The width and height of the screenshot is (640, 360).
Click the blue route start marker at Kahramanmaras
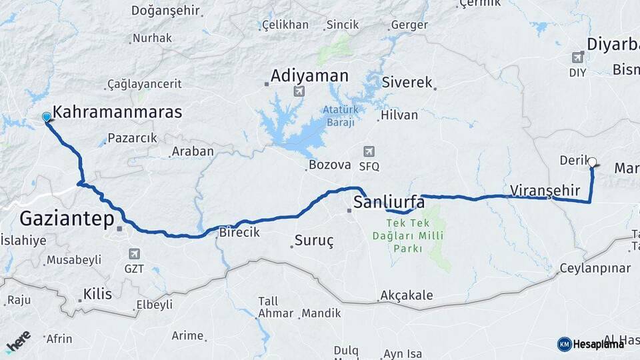click(46, 117)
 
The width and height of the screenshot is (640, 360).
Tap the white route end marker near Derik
click(592, 161)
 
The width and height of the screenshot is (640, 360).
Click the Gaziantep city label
click(67, 218)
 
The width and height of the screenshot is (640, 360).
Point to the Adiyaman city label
click(309, 76)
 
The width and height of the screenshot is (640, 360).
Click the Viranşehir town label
click(545, 191)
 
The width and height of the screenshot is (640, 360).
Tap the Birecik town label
click(239, 233)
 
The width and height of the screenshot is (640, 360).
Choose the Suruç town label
click(313, 241)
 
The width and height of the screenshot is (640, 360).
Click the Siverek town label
click(407, 83)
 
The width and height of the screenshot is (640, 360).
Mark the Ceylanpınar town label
click(595, 268)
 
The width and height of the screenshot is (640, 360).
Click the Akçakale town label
click(406, 295)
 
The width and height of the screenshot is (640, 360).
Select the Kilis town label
click(97, 294)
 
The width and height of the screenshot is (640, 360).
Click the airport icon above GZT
click(135, 254)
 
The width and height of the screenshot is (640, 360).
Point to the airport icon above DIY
click(577, 57)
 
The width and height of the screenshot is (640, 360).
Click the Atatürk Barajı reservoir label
click(340, 116)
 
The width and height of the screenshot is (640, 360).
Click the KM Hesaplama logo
click(591, 344)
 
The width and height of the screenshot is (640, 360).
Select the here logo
click(19, 341)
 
